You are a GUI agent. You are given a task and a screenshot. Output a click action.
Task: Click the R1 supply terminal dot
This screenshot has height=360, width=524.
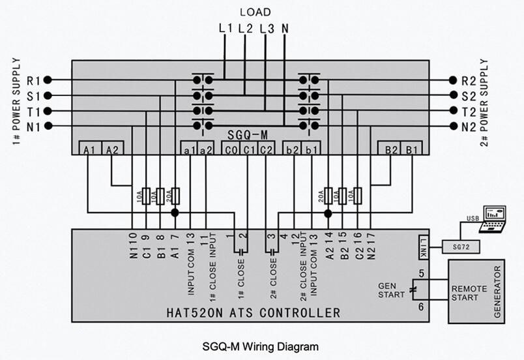click(48, 80)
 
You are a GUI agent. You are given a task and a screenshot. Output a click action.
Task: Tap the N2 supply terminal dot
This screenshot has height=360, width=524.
click(453, 126)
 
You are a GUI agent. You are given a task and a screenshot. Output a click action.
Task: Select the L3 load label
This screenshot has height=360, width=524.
click(267, 29)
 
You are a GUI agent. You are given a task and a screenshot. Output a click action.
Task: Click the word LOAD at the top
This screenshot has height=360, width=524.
click(255, 12)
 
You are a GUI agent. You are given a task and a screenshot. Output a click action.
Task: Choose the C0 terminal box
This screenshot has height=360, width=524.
click(231, 148)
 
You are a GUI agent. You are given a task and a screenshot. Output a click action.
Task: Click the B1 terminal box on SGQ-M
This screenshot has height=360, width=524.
click(411, 148)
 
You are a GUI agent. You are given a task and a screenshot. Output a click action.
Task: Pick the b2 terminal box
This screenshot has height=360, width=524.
click(293, 148)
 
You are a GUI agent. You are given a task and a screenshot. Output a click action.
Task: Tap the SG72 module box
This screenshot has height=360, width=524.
click(461, 247)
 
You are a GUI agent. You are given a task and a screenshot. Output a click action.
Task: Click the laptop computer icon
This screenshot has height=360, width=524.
click(493, 219)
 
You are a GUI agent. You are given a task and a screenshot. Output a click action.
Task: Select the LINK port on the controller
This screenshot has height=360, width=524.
click(424, 247)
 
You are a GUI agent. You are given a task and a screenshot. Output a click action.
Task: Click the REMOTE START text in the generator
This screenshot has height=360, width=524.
click(465, 293)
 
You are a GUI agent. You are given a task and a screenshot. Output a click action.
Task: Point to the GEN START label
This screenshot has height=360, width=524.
click(391, 290)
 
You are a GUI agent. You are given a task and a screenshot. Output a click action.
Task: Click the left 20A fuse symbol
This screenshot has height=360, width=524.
click(175, 196)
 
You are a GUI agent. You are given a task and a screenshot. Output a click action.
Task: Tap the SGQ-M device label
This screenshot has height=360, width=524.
click(247, 135)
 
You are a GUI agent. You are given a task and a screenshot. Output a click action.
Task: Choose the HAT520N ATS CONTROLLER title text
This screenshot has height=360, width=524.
click(254, 313)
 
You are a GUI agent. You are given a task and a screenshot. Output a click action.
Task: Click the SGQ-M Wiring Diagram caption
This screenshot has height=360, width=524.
click(260, 346)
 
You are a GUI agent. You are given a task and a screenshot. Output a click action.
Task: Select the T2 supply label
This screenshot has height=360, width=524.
click(469, 112)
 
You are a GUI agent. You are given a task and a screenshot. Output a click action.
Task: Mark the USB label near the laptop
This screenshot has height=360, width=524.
click(473, 218)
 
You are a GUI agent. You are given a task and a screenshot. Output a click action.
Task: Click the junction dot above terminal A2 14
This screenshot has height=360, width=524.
click(328, 213)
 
